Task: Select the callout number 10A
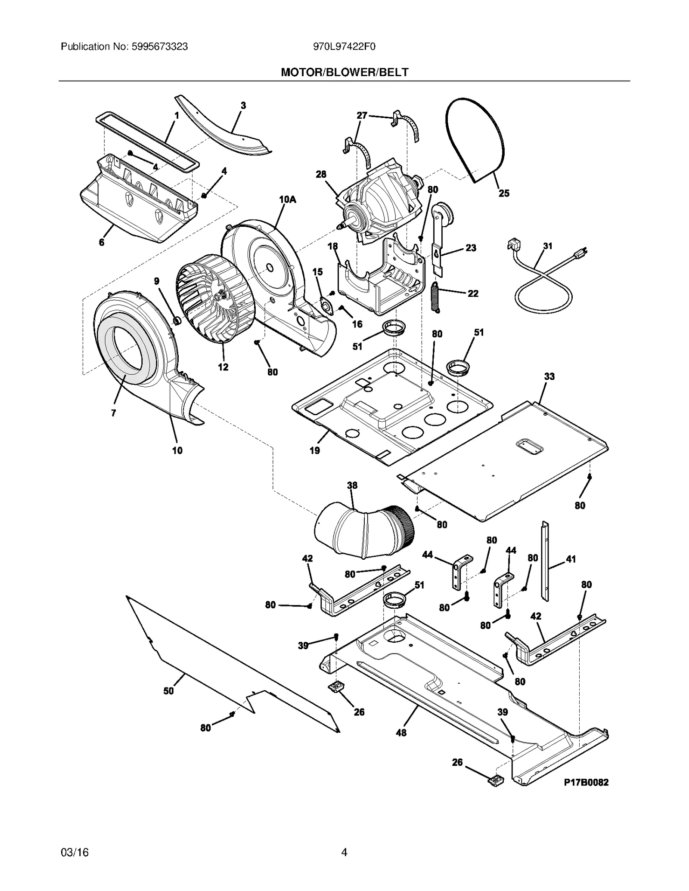(x=288, y=200)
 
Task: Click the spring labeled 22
(x=436, y=296)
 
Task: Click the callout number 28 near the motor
(x=321, y=174)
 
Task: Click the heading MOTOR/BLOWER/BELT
(x=344, y=72)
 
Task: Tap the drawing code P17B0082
(x=586, y=782)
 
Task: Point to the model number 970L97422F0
(x=344, y=46)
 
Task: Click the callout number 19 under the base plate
(x=315, y=450)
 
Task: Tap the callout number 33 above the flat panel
(x=549, y=376)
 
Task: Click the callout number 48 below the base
(x=400, y=732)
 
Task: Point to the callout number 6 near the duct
(x=102, y=242)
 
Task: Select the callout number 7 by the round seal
(x=113, y=413)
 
